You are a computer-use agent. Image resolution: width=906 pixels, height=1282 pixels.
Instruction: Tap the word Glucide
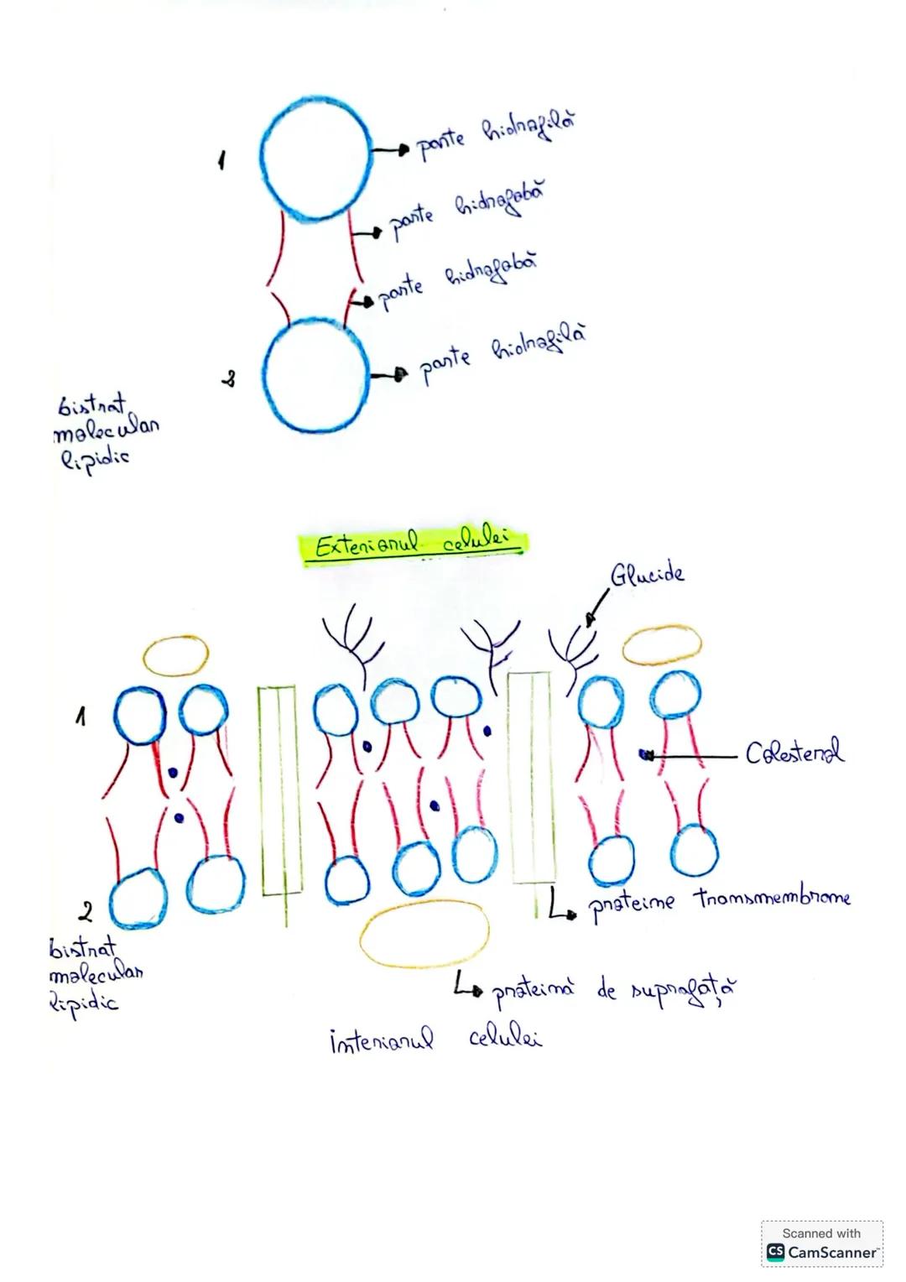pyautogui.click(x=647, y=574)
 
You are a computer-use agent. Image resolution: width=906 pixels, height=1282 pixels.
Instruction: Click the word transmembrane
pyautogui.click(x=772, y=899)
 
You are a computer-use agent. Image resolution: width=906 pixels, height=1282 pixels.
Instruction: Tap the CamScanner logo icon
pyautogui.click(x=775, y=1253)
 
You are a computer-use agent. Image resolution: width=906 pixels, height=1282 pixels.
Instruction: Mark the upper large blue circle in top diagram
pyautogui.click(x=315, y=158)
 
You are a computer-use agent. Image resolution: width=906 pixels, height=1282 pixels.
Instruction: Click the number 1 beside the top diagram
pyautogui.click(x=222, y=159)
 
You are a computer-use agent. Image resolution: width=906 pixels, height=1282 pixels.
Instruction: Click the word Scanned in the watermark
pyautogui.click(x=803, y=1233)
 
